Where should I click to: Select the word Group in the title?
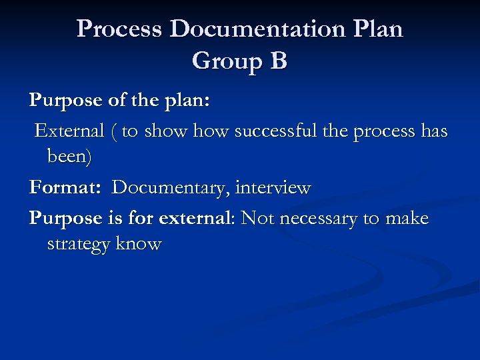225,61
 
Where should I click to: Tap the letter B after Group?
278,61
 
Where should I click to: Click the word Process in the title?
119,29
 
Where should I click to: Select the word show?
166,131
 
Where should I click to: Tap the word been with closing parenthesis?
70,157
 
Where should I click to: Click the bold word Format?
65,188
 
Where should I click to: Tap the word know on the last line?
139,244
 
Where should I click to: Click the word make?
406,218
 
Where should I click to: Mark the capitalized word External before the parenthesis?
69,131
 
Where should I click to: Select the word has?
434,131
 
